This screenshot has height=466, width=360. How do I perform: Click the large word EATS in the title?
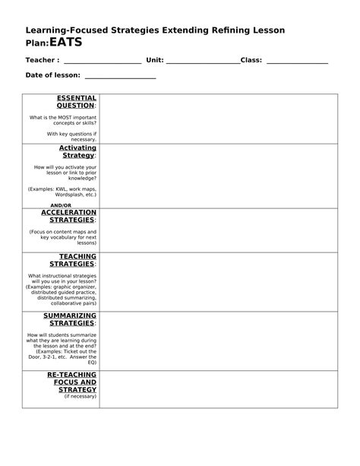pos(66,43)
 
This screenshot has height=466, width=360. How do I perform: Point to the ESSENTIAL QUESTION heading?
pos(77,102)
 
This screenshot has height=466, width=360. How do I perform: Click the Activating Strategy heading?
pos(77,151)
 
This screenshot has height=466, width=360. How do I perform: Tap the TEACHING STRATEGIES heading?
pos(77,260)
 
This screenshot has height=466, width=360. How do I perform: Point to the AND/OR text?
pos(61,204)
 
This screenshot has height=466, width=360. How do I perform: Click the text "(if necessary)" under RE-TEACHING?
pos(81,396)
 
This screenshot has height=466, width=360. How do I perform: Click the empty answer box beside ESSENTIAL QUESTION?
pos(218,118)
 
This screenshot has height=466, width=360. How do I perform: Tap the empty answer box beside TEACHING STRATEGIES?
pos(218,281)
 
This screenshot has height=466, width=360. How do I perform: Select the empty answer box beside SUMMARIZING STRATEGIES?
pos(218,340)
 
